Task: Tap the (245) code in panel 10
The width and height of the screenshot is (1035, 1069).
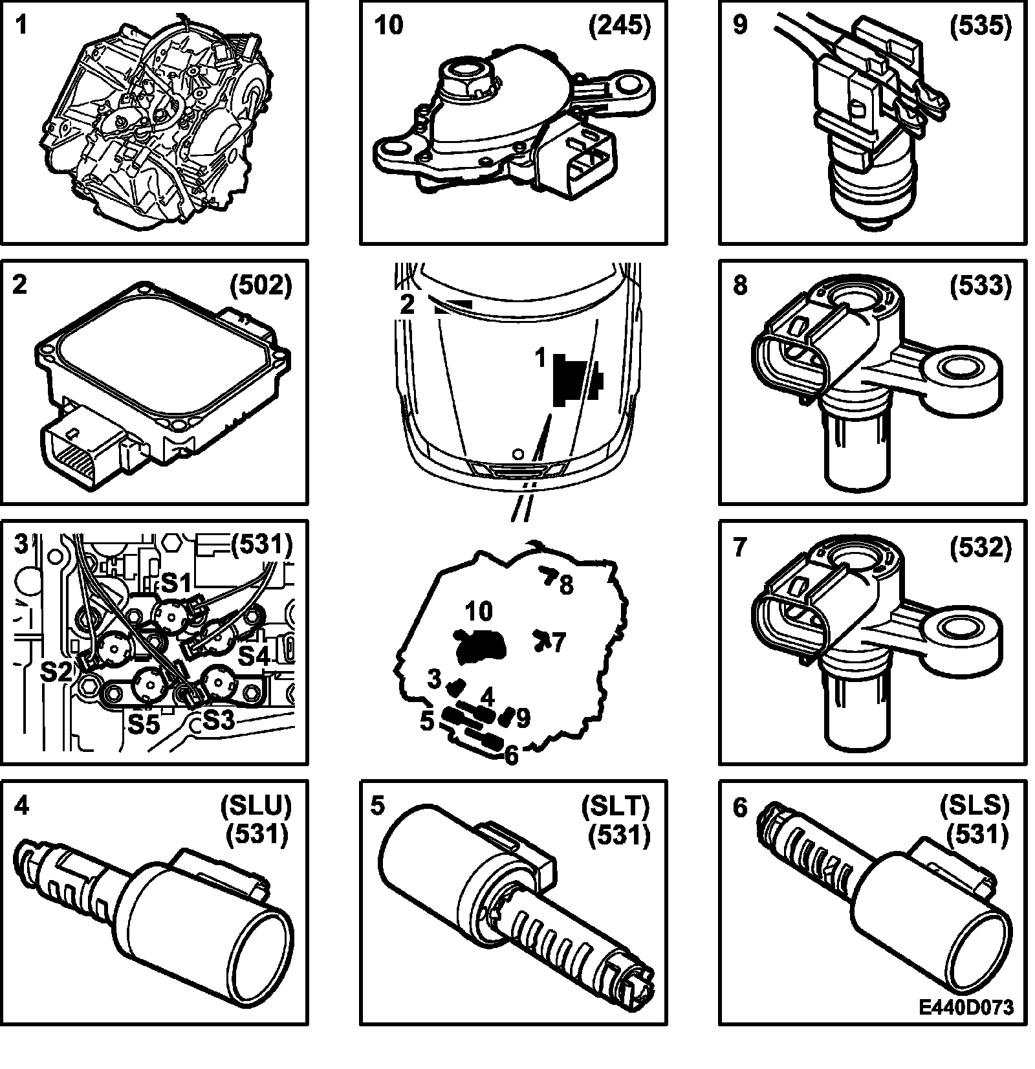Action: tap(619, 27)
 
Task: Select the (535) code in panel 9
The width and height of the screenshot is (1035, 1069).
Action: tap(980, 27)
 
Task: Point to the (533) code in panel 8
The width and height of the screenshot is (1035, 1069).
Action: tap(980, 285)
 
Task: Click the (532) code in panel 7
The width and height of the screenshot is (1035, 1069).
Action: tap(980, 547)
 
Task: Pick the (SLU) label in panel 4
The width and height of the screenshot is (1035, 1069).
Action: tap(256, 806)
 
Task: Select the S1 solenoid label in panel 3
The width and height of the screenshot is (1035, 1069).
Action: tap(175, 584)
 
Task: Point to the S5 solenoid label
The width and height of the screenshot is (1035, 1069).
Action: tap(143, 723)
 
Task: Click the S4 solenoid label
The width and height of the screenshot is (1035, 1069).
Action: tap(255, 657)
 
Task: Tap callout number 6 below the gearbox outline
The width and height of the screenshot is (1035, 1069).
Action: tap(511, 755)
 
